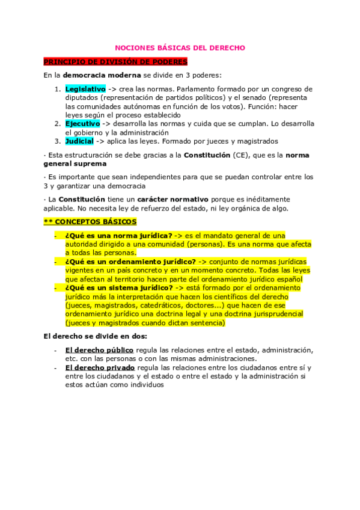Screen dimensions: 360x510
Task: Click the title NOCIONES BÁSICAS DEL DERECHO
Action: pos(180,48)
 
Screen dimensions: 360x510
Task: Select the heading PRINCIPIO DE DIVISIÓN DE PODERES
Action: pos(115,62)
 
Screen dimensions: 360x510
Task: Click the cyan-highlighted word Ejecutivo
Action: pos(82,123)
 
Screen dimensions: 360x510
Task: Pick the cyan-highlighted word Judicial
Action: pos(79,141)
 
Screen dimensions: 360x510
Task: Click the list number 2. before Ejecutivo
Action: pos(57,123)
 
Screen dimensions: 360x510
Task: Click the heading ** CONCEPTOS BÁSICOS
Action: pos(90,221)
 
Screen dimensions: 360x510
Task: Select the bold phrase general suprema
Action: pos(75,164)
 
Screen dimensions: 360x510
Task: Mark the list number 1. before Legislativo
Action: pos(57,89)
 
